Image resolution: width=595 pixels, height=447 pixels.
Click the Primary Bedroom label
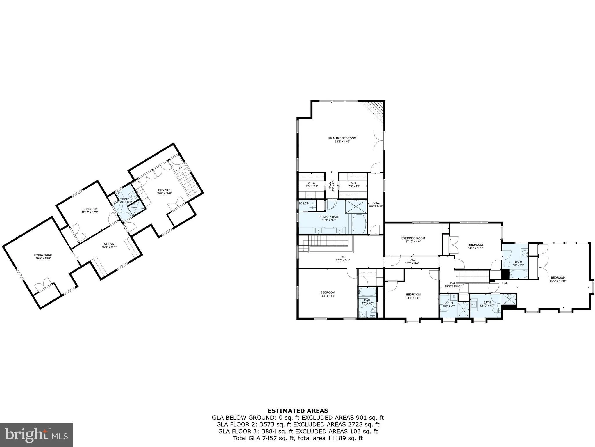pyautogui.click(x=342, y=138)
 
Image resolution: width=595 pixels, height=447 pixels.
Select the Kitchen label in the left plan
pyautogui.click(x=164, y=189)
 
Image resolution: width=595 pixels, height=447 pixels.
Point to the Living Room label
pyautogui.click(x=43, y=255)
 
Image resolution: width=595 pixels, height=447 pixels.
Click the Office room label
pyautogui.click(x=109, y=244)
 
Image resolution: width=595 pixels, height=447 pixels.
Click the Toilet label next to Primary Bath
pyautogui.click(x=303, y=203)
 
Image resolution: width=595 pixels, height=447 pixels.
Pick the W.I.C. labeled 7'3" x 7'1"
pyautogui.click(x=312, y=183)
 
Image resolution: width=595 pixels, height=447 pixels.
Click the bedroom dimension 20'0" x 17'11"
pyautogui.click(x=558, y=281)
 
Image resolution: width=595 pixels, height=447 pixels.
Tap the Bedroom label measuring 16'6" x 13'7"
pyautogui.click(x=328, y=292)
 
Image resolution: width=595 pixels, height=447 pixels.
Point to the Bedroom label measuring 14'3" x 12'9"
pyautogui.click(x=475, y=245)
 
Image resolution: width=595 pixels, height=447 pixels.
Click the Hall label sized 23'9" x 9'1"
pyautogui.click(x=343, y=257)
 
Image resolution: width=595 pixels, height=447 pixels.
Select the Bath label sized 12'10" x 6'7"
pyautogui.click(x=487, y=302)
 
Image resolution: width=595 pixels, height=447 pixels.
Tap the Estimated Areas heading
pyautogui.click(x=298, y=411)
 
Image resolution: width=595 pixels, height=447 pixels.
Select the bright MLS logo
pyautogui.click(x=36, y=435)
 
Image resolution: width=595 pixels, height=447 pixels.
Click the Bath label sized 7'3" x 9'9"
pyautogui.click(x=518, y=262)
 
